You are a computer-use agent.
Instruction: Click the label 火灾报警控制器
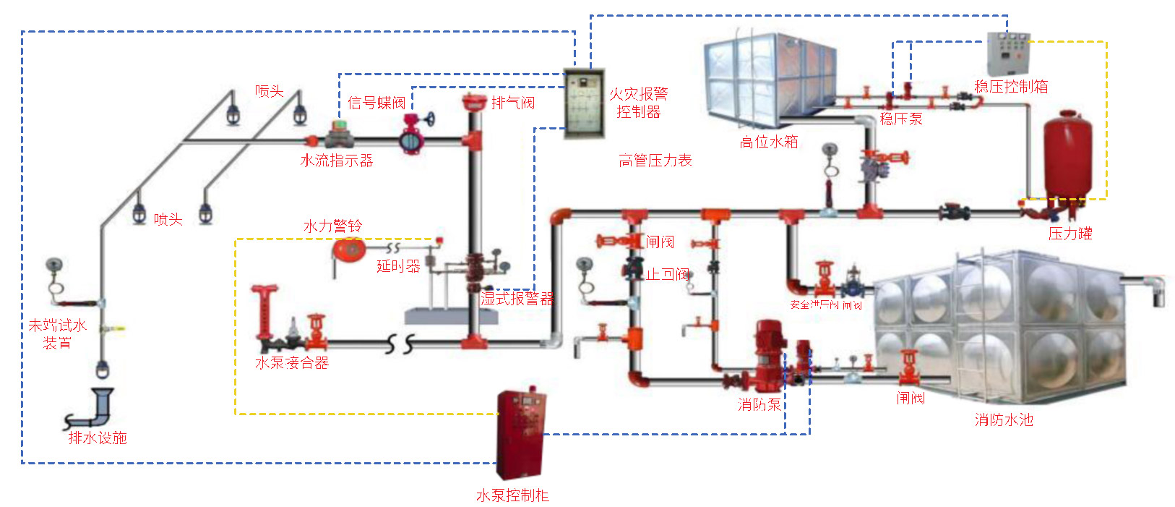tap(638, 103)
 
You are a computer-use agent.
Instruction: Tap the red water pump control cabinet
tap(520, 434)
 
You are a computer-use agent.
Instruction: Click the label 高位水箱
tap(769, 142)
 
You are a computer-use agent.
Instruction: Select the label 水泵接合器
tap(292, 363)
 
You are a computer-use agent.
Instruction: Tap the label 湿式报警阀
tap(517, 298)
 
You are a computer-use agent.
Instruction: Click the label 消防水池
tap(1003, 420)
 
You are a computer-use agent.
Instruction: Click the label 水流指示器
tap(337, 161)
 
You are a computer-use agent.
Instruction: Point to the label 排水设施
tap(98, 438)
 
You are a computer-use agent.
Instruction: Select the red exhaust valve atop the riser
tap(473, 103)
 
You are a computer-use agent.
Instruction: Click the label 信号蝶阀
tap(376, 103)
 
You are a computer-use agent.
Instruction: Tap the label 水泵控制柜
tap(512, 495)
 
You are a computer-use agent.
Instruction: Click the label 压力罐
tap(1070, 234)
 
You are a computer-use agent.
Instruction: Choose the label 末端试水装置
tap(57, 334)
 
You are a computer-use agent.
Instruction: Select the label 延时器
tap(398, 266)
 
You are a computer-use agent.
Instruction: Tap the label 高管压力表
tap(655, 161)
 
